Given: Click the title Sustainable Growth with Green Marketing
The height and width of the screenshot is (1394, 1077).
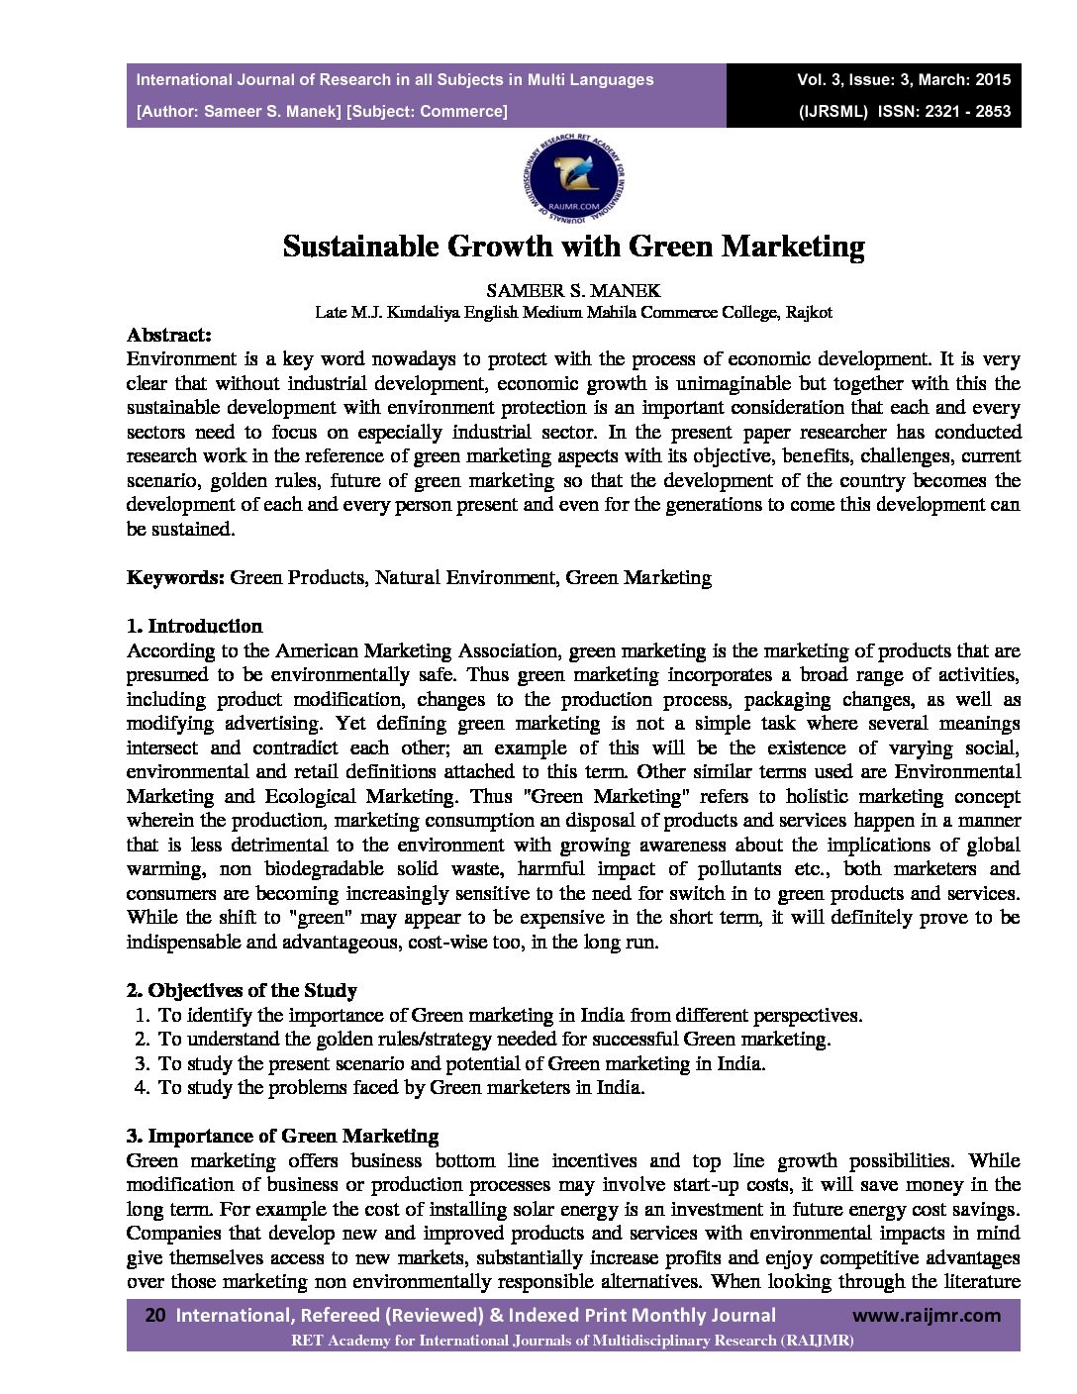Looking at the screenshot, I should click(x=573, y=247).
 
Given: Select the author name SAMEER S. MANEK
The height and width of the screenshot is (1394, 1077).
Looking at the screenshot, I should click(x=573, y=290).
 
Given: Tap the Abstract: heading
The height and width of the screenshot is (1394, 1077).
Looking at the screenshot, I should click(x=169, y=335).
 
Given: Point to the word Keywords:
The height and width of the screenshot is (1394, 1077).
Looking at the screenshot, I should click(x=176, y=577).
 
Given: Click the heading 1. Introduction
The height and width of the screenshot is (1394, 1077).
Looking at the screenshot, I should click(x=194, y=626).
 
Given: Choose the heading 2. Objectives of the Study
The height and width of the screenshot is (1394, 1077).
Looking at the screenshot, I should click(x=242, y=990).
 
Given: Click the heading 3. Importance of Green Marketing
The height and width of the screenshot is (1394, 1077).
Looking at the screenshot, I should click(x=282, y=1136).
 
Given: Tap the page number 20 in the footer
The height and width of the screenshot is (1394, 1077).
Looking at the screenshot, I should click(x=154, y=1316).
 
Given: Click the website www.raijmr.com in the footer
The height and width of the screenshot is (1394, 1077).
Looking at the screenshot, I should click(x=927, y=1316).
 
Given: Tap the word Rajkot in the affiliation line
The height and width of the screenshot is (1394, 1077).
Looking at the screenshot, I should click(x=809, y=312).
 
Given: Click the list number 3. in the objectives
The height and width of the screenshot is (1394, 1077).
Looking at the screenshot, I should click(x=141, y=1063).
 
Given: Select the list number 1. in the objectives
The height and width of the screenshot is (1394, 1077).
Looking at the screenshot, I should click(x=141, y=1015).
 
